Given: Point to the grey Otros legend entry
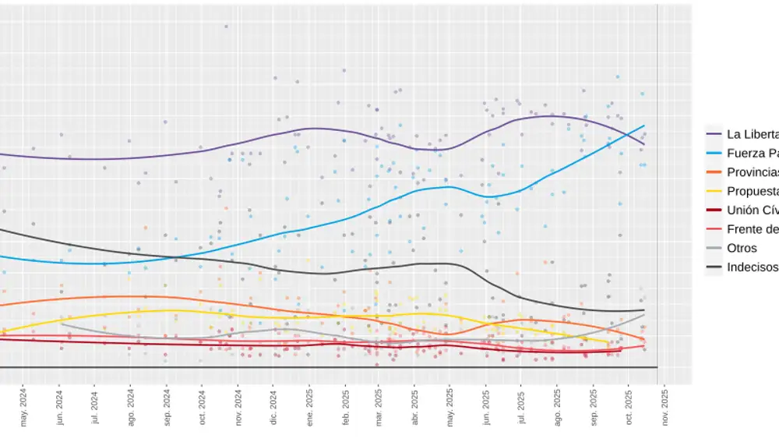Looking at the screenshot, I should click(x=741, y=248).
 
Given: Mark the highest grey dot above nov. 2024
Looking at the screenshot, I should click(x=226, y=26).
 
